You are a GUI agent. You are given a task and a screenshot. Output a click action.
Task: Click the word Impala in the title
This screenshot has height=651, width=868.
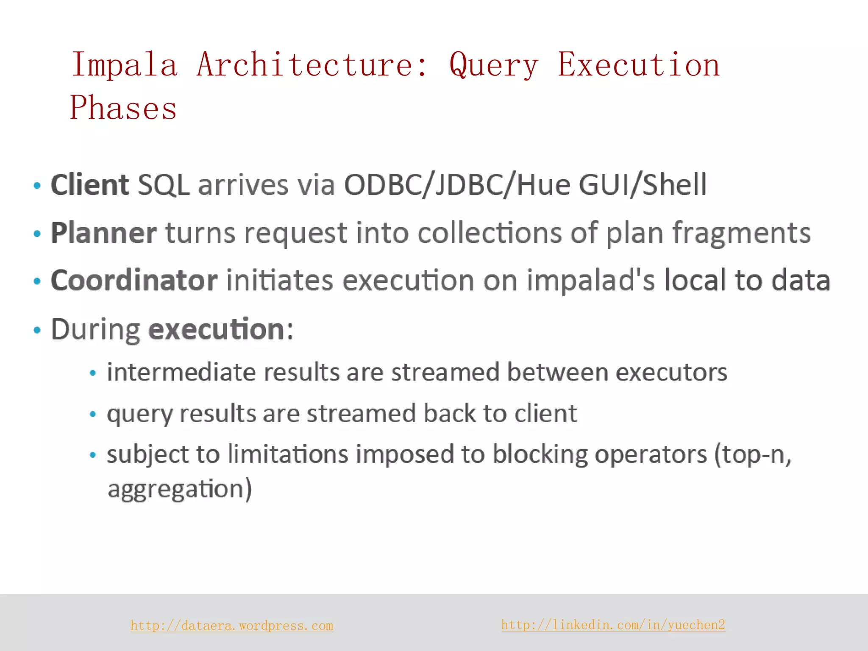(124, 65)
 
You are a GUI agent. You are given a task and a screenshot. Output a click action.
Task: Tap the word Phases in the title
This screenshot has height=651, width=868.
(123, 108)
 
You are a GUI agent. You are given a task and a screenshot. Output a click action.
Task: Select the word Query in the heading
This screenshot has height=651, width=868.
(494, 65)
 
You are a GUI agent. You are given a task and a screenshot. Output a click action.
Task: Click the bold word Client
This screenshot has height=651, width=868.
(89, 185)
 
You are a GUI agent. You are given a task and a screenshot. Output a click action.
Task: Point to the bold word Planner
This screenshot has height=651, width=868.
(103, 233)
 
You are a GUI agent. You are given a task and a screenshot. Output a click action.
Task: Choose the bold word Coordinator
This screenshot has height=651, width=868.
(134, 281)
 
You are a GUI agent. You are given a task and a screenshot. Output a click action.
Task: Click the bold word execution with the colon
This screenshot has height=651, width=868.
(220, 329)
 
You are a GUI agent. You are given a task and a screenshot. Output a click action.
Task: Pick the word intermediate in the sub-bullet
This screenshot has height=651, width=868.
(181, 372)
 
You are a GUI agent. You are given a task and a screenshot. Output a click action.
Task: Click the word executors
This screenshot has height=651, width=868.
(671, 372)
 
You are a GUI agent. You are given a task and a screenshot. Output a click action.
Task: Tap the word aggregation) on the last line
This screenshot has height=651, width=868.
(180, 489)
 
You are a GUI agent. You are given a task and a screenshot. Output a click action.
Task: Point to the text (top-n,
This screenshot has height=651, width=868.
(753, 454)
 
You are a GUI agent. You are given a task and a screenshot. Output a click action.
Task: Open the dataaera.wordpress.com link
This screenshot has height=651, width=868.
(232, 626)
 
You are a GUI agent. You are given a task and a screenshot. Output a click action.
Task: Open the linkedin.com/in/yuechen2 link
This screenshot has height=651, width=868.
(613, 625)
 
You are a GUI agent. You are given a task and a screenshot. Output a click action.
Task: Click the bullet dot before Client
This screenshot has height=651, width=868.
(37, 186)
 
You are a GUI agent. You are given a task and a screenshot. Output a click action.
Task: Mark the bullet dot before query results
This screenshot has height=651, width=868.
(93, 414)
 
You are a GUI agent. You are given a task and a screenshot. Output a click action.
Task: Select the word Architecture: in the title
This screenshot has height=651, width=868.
(312, 65)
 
